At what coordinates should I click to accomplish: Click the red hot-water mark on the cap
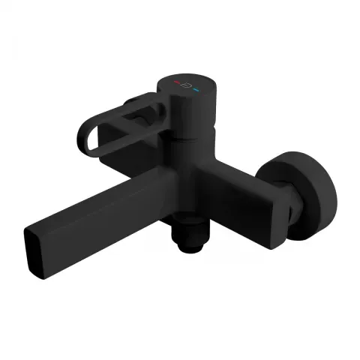pyautogui.click(x=177, y=81)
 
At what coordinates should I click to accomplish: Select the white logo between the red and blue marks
pyautogui.click(x=186, y=85)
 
